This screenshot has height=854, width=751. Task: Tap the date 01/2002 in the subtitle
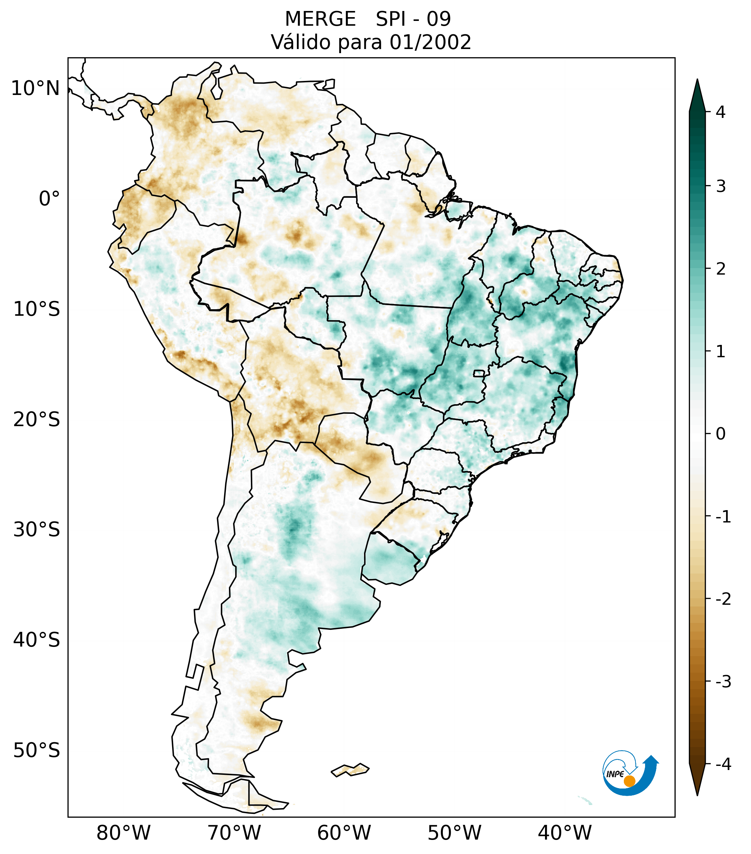430,42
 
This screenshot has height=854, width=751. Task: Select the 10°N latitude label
35,88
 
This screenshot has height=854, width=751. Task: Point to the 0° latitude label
49,199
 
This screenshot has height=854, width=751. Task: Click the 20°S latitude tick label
37,420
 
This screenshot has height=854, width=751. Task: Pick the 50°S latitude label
37,751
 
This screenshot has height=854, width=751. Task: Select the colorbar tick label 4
720,112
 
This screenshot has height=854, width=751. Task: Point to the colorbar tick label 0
720,434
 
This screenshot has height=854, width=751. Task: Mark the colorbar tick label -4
723,764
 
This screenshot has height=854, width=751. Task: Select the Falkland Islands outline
350,769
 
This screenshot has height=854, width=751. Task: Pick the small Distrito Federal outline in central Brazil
479,373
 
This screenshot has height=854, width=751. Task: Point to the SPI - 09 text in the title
413,19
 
